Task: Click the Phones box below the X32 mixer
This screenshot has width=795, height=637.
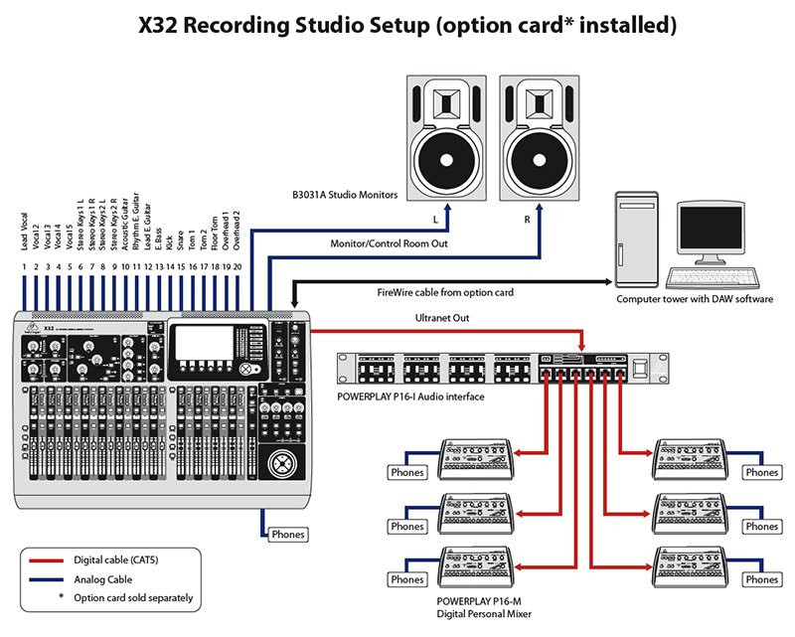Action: (x=288, y=534)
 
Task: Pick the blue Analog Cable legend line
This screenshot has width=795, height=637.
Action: (x=46, y=578)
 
